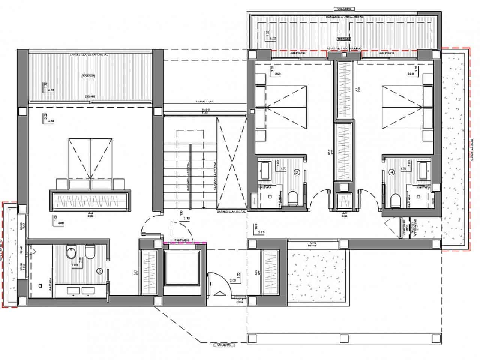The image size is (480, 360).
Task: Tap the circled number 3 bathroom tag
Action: click(297, 173)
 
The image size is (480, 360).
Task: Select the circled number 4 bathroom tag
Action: click(392, 173)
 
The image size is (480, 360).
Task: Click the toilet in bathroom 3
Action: click(292, 199)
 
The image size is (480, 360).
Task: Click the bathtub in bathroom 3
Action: click(265, 170)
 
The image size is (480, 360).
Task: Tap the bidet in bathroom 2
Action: click(70, 253)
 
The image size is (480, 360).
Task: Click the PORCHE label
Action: click(88, 76)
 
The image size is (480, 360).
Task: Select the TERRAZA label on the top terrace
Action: click(343, 39)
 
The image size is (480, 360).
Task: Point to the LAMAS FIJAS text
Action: click(205, 101)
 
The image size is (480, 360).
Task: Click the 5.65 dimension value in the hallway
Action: click(262, 232)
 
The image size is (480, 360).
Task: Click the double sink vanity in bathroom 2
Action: click(80, 290)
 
